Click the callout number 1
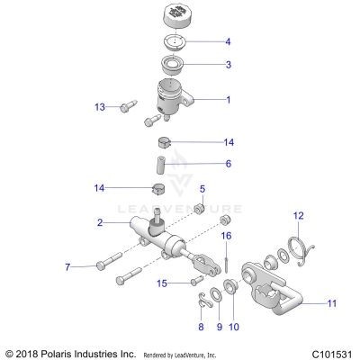coord(228,100)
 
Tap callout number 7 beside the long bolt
coord(67,267)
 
